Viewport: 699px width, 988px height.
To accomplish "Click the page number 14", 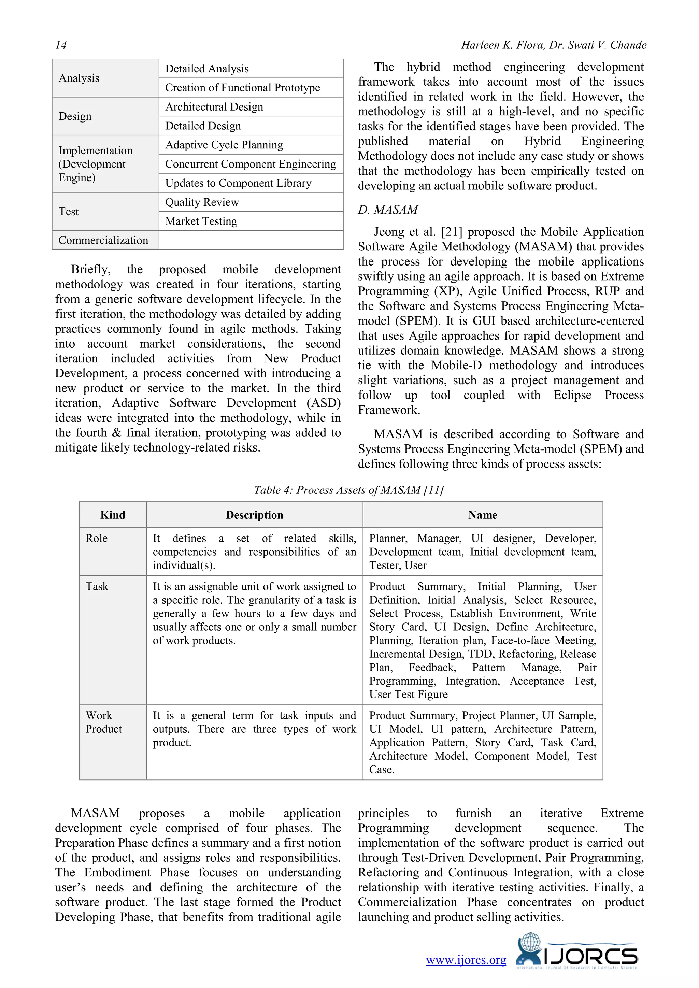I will (61, 45).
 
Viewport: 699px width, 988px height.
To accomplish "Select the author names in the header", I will (554, 45).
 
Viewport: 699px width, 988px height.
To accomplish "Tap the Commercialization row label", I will (103, 240).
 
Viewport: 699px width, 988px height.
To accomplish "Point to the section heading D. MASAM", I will (388, 210).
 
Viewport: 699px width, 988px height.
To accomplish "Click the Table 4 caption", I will (348, 490).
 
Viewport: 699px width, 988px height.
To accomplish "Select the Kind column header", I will (113, 515).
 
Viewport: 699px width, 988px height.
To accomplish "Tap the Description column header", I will (254, 515).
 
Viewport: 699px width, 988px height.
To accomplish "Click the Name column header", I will (483, 515).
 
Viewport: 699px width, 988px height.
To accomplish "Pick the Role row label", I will (96, 538).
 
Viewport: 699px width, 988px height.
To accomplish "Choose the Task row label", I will (97, 587).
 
